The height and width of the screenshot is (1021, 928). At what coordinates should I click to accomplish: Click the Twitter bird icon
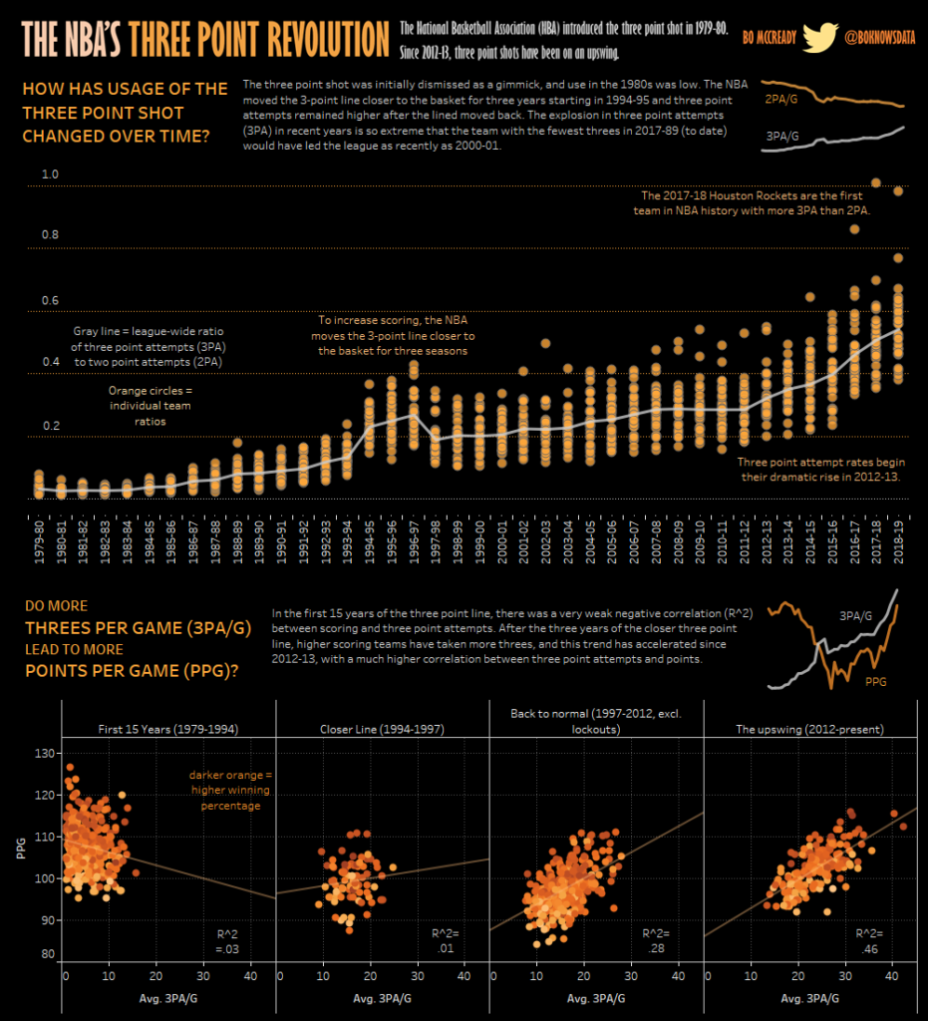(820, 38)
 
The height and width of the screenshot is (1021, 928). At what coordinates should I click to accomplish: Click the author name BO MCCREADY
(768, 38)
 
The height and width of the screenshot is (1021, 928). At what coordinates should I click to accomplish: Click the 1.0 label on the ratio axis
(50, 174)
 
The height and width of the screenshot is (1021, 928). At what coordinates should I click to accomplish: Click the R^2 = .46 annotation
(870, 941)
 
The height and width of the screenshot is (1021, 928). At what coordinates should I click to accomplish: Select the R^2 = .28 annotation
(657, 941)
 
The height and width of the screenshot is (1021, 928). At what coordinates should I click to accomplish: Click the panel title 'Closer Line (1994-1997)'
(382, 729)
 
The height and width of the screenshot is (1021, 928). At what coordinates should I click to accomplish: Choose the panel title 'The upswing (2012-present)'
(808, 729)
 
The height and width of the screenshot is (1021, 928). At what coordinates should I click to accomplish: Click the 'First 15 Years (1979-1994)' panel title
(166, 729)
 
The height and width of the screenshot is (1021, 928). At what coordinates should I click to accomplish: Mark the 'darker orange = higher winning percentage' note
(224, 790)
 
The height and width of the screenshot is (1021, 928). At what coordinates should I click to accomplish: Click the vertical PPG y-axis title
(20, 849)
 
